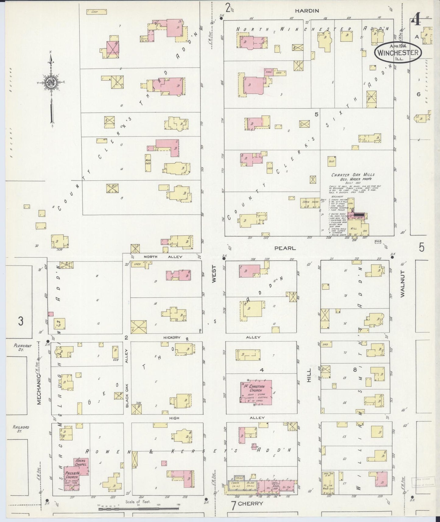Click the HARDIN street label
(x=307, y=11)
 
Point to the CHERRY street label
(x=251, y=503)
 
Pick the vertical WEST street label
(x=214, y=274)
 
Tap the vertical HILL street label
(x=309, y=375)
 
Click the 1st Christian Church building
(x=256, y=392)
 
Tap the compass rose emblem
(x=51, y=83)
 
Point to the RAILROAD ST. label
(x=21, y=429)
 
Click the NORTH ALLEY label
(x=163, y=257)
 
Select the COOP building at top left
(x=96, y=12)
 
